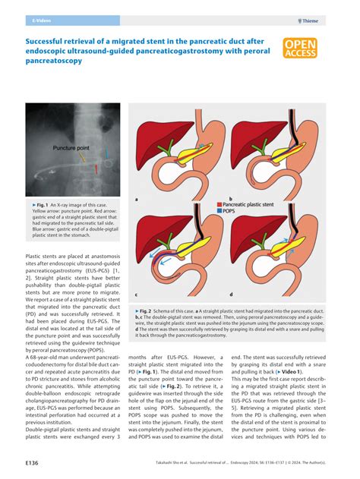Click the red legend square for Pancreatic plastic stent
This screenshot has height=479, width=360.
click(219, 205)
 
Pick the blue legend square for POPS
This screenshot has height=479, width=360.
click(219, 213)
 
